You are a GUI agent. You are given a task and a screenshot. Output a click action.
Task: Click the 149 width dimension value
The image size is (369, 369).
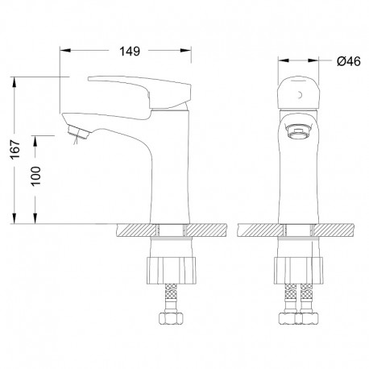130,51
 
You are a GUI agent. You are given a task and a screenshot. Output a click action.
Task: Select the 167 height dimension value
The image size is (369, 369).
15,149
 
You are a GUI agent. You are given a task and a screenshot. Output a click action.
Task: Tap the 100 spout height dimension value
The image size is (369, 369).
35,176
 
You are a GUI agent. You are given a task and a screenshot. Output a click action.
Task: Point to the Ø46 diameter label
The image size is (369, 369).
349,61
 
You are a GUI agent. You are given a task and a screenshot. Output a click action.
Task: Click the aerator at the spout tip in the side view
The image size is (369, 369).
79,132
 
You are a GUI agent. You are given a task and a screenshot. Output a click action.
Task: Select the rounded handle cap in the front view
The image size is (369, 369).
299,93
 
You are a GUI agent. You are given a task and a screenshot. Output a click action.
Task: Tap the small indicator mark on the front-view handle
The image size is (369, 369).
301,95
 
